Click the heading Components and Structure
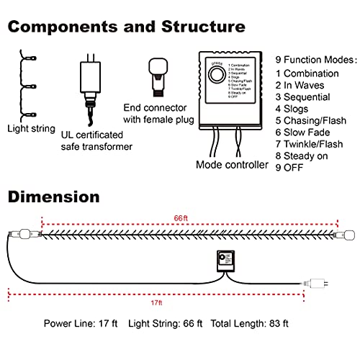(x=127, y=27)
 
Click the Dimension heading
(x=53, y=197)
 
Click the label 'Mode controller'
(x=231, y=165)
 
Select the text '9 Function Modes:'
(x=316, y=59)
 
